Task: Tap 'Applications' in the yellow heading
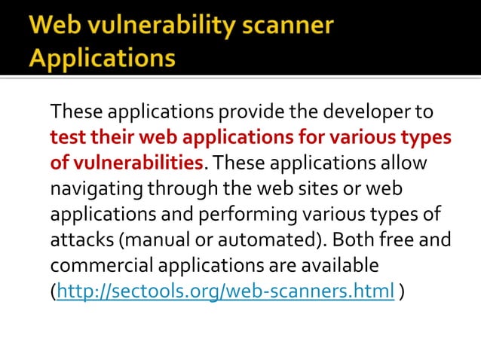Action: (103, 58)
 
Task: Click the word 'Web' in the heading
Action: (54, 26)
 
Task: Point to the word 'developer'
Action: (354, 113)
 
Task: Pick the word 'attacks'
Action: (79, 240)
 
